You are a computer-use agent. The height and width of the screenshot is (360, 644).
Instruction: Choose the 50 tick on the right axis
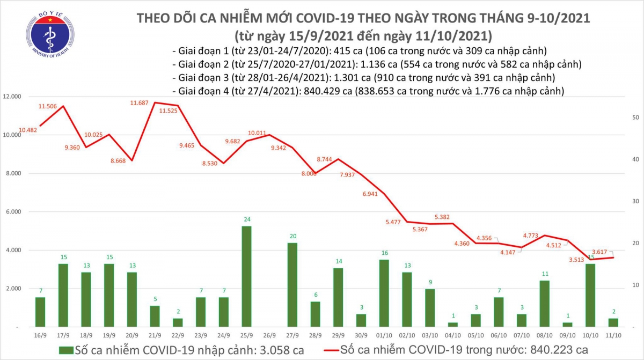click(x=635, y=117)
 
